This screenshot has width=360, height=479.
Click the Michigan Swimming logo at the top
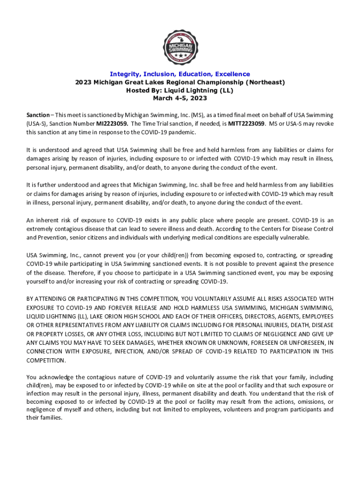[180, 47]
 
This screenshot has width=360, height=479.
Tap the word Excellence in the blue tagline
[232, 74]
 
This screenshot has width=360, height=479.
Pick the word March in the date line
[163, 98]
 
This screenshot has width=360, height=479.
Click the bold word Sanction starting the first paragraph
[38, 115]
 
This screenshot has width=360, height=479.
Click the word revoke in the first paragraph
[323, 124]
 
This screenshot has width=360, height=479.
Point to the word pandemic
[181, 132]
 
